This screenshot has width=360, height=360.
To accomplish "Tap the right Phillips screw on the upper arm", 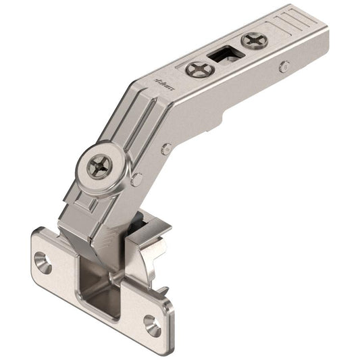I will coord(255,41).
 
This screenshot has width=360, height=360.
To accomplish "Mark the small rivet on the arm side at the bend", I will coord(165,149).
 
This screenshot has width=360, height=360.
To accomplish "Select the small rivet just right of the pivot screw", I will coord(137,179).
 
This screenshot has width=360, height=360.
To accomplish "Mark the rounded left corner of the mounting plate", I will coord(34,243).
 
